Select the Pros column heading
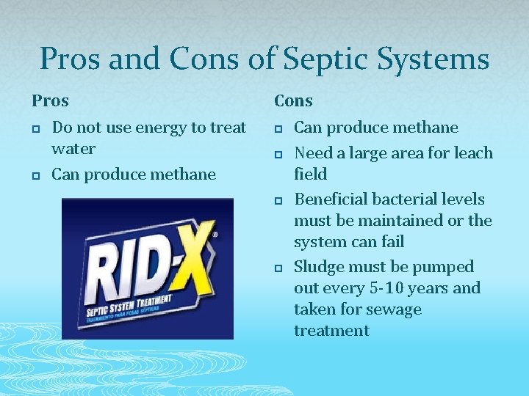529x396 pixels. [50, 100]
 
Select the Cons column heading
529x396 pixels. [294, 100]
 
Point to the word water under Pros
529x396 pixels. [73, 149]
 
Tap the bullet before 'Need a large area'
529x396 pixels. [278, 155]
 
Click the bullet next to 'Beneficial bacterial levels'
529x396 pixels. [278, 201]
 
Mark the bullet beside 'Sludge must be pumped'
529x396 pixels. [278, 268]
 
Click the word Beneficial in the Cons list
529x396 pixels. [331, 199]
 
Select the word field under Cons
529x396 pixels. [311, 175]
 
